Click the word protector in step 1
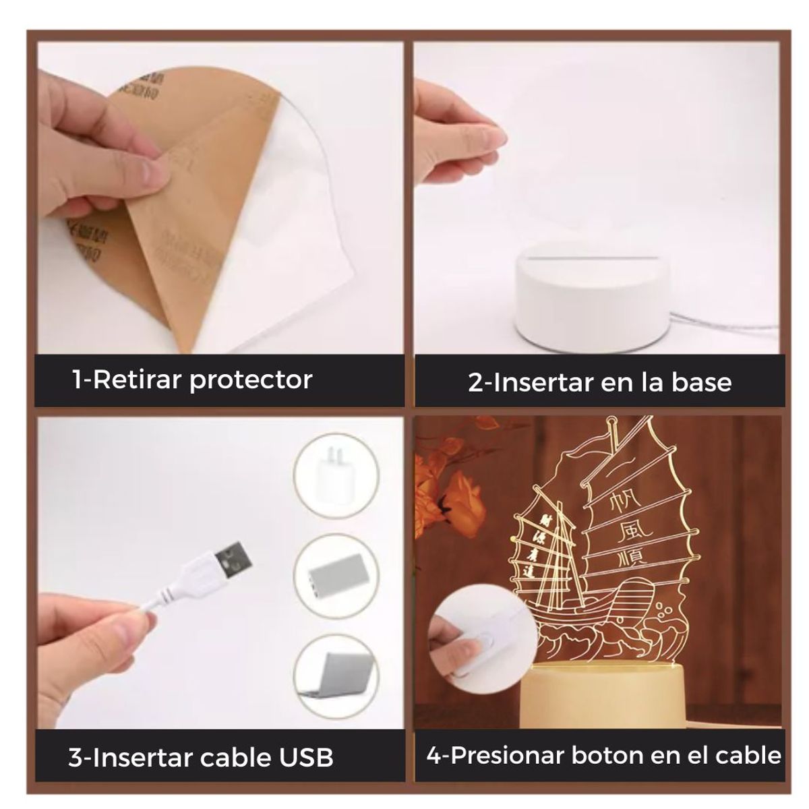[251, 380]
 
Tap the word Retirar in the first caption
[136, 380]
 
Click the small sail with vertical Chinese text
[543, 546]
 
